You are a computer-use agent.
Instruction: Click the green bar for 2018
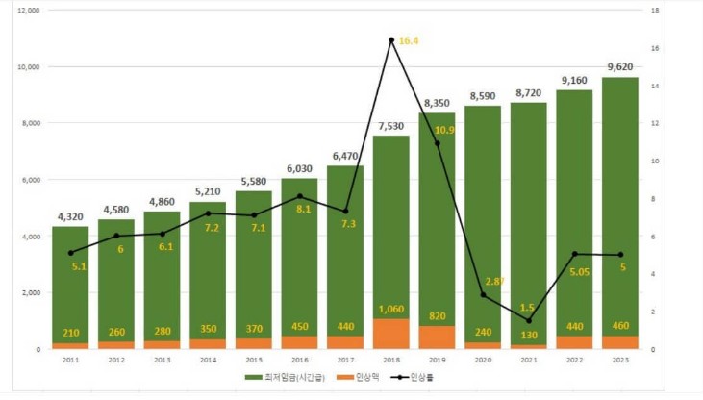391,231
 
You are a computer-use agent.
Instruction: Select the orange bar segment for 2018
391,334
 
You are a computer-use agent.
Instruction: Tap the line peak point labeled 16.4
391,40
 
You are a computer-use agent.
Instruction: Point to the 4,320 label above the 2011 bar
69,217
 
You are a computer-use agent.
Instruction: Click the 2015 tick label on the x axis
254,361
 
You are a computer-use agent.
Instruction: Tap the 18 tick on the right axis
654,11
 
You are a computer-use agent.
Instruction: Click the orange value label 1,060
391,310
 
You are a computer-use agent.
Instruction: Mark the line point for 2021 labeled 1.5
529,320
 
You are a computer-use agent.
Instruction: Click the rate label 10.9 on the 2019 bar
444,130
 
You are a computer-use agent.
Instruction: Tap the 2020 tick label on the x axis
483,361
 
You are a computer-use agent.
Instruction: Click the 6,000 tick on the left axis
29,180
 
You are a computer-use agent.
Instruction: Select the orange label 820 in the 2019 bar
438,315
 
